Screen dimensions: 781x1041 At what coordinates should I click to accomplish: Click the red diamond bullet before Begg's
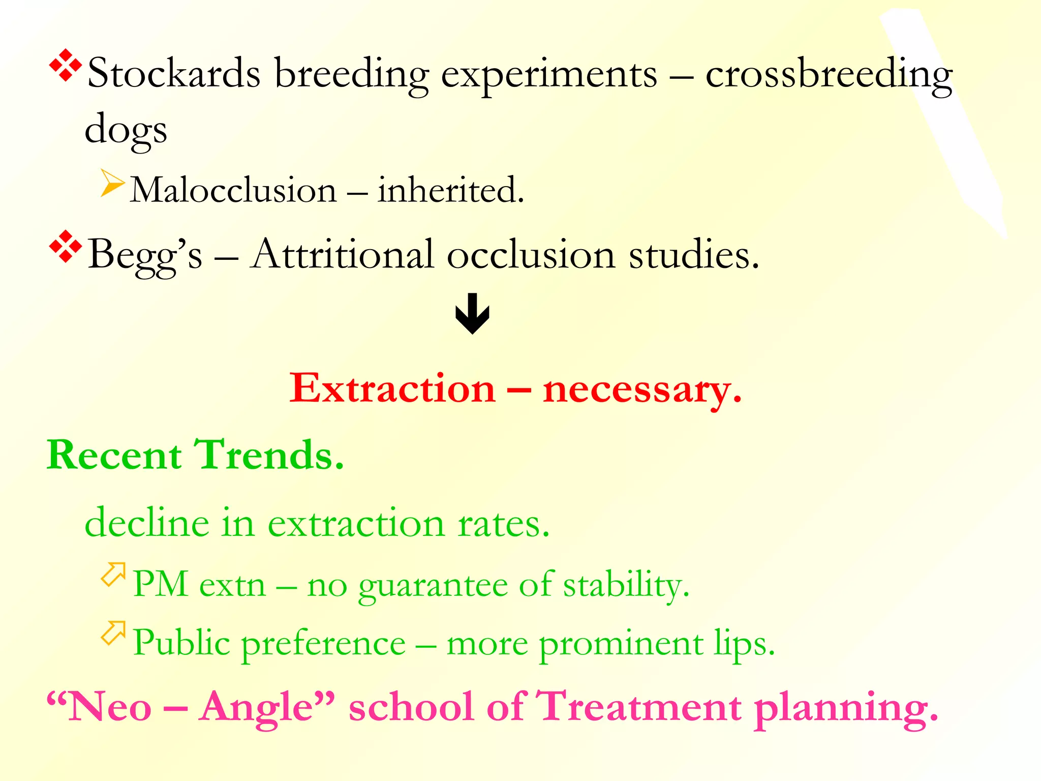66,247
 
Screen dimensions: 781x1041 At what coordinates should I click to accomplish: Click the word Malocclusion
233,190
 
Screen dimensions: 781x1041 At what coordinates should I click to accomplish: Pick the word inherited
450,190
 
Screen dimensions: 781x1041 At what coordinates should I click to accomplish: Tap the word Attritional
343,254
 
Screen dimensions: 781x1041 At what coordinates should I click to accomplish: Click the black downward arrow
472,313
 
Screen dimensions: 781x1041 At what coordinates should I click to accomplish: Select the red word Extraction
392,388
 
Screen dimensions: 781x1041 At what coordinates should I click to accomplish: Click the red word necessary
641,389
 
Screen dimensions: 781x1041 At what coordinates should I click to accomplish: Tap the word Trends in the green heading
269,455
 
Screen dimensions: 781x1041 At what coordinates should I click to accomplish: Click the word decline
147,523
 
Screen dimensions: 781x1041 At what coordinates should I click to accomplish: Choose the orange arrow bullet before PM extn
113,575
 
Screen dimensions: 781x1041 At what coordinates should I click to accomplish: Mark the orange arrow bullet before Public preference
113,633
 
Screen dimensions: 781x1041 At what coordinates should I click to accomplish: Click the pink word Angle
266,707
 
